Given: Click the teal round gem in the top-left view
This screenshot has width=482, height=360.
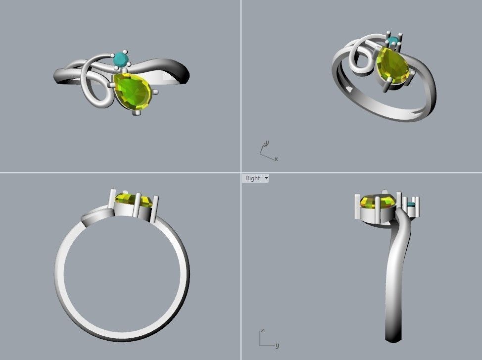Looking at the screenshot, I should [120, 59].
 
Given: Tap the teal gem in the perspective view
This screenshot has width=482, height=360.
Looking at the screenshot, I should [393, 41].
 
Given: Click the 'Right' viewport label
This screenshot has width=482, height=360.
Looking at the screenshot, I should [252, 178].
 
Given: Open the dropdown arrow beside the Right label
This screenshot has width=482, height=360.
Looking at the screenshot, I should [266, 178].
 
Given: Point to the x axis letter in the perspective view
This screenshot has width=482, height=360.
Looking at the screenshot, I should [276, 159].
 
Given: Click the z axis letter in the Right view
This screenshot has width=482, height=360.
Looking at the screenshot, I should [262, 330].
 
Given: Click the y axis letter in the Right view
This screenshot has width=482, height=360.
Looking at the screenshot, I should [277, 346].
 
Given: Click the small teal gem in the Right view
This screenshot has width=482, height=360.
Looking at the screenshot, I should [411, 205].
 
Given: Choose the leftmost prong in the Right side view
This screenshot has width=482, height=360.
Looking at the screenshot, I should [357, 206].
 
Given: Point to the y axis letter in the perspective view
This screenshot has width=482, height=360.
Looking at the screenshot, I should [267, 144].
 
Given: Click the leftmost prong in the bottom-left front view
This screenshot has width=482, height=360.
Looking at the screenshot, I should [112, 200].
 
